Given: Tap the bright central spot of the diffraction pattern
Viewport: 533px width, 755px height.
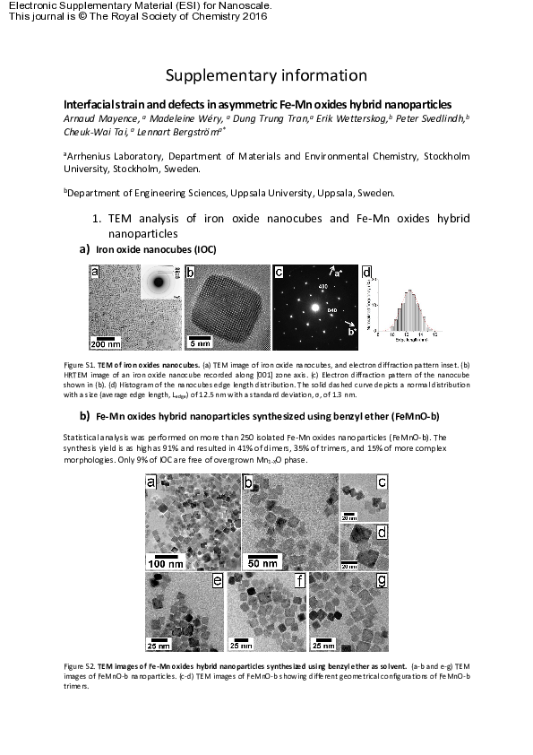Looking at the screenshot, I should (314, 308).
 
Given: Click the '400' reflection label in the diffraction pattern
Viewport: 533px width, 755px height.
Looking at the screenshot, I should (322, 287).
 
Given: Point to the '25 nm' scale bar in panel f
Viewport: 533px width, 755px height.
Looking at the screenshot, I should (240, 645).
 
